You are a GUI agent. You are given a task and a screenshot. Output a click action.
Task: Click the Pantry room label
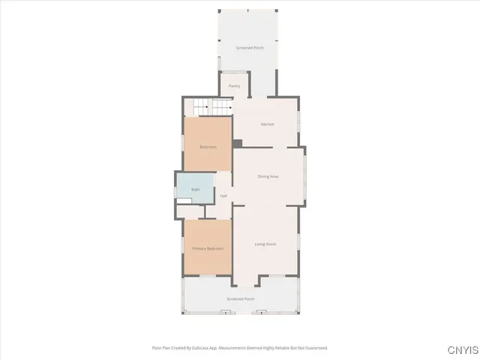click(234, 86)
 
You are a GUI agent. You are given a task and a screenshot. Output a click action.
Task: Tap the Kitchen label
click(267, 124)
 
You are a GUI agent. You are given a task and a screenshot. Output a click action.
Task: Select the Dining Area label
click(268, 176)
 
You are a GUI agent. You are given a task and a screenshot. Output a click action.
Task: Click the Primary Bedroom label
click(208, 248)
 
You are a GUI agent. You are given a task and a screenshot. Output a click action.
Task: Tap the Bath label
click(195, 190)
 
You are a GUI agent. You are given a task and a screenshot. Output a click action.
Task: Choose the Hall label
click(223, 196)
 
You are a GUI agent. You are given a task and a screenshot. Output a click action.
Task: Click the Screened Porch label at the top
click(250, 48)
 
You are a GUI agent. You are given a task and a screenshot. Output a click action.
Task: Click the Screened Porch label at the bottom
click(241, 298)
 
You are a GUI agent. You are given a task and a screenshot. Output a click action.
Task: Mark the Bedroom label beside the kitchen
click(208, 147)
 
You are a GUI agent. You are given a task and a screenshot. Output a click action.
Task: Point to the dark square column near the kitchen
click(237, 144)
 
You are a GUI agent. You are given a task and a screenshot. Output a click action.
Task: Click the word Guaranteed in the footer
click(316, 348)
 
